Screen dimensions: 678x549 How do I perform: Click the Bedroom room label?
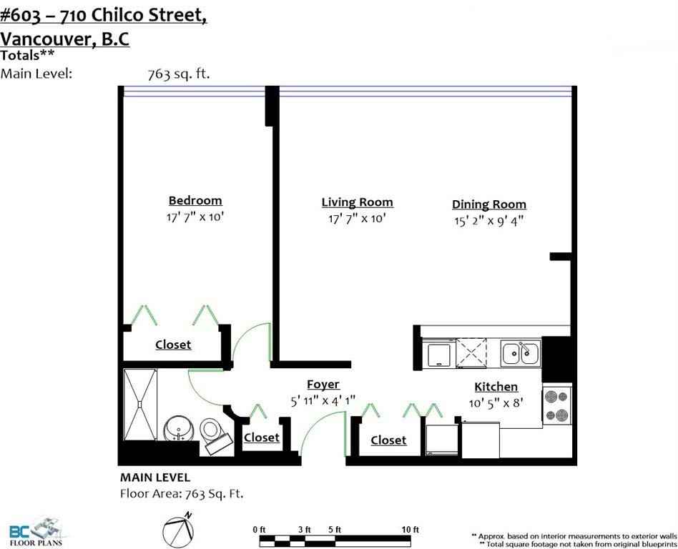[x=195, y=201]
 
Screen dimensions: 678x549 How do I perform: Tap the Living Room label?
[x=357, y=202]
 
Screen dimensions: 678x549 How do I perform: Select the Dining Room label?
[x=489, y=204]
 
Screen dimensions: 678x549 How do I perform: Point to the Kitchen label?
[x=496, y=387]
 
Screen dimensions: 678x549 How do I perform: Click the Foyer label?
[x=323, y=385]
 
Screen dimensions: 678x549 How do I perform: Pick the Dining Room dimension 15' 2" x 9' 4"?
[x=488, y=221]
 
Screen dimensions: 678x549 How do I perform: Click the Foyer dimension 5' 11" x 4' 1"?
[x=323, y=401]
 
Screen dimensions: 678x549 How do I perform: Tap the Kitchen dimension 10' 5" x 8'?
[x=496, y=403]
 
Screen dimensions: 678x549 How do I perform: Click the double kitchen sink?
[x=520, y=352]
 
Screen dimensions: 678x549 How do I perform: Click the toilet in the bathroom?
[x=215, y=435]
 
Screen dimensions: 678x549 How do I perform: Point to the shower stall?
[x=139, y=404]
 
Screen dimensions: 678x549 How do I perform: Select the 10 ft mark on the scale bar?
[x=410, y=530]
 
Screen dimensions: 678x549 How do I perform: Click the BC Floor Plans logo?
[x=36, y=531]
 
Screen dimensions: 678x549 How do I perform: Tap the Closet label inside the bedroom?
[x=173, y=345]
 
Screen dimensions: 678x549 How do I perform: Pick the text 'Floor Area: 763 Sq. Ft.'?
[x=182, y=494]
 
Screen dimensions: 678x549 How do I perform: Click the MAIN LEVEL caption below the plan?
[x=154, y=478]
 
